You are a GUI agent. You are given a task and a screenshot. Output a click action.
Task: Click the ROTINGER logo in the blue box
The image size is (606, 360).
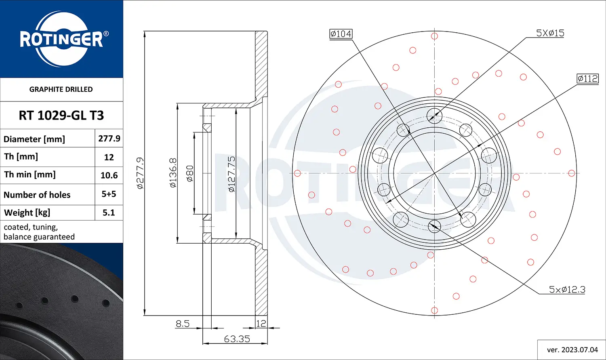(61, 39)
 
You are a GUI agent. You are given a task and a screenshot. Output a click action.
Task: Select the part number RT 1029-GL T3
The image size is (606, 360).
(61, 116)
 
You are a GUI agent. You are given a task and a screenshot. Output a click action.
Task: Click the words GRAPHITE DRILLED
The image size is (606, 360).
(61, 89)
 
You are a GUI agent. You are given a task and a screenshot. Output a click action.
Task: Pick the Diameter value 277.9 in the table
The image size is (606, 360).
(109, 139)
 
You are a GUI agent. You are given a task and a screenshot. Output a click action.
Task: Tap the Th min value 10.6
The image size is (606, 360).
(109, 175)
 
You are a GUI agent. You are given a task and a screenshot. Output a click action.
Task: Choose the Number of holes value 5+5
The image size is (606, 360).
(109, 194)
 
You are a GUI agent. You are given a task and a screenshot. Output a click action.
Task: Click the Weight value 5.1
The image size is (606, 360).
(109, 213)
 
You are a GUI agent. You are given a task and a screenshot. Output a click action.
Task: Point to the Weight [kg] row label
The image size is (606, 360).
(27, 213)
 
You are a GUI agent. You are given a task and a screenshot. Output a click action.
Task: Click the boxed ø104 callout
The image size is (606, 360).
(341, 34)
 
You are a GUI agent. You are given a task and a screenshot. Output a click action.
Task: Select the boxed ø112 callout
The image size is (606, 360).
(587, 78)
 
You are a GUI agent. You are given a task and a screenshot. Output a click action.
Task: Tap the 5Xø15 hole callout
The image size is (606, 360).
(550, 33)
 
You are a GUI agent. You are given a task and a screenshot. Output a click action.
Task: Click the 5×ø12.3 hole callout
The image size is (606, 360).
(567, 289)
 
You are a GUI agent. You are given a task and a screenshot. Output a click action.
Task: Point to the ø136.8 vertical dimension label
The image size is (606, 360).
(173, 173)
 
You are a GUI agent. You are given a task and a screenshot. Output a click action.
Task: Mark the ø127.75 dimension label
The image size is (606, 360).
(231, 174)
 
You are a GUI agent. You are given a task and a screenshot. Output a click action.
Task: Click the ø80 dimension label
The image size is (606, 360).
(189, 173)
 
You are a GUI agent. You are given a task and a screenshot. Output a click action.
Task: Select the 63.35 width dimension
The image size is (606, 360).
(237, 339)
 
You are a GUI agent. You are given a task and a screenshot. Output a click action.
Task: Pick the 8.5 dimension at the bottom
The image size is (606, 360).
(183, 323)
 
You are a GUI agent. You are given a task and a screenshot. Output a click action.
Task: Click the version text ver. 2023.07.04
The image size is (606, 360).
(572, 349)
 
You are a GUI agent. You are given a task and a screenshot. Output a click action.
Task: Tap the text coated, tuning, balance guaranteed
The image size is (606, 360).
(39, 232)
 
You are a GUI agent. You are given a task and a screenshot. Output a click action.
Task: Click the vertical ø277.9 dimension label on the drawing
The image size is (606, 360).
(140, 173)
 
